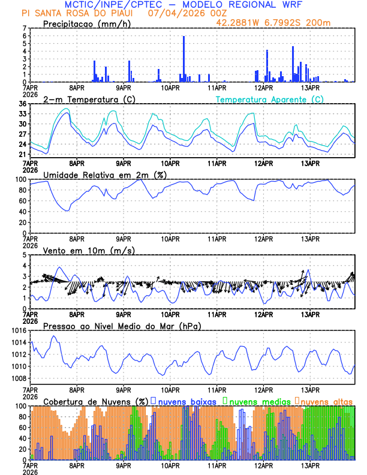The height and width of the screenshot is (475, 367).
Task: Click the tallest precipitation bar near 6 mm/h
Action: point(183,59)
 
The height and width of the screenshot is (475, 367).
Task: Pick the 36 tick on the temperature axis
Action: point(22,104)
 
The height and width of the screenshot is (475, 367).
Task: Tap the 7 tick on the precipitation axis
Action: point(25,28)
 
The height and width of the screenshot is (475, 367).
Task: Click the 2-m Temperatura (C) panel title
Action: point(89,99)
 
